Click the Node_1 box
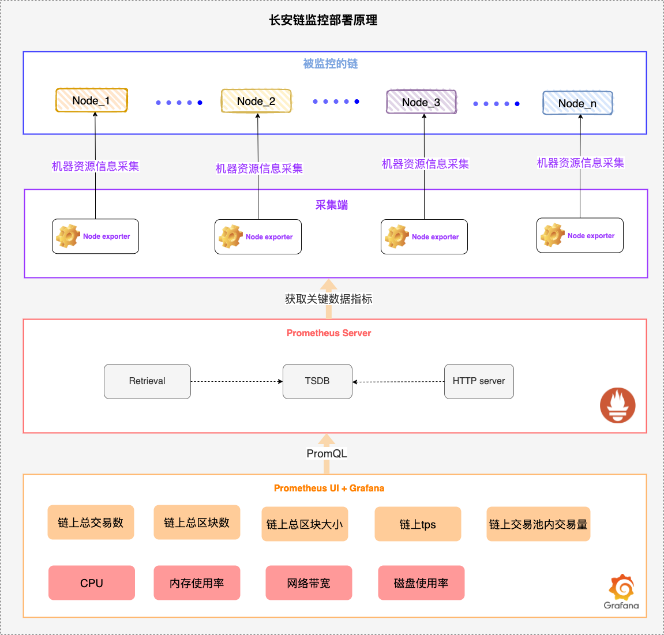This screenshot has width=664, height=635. pos(91,100)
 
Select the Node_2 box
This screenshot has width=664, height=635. pos(256,101)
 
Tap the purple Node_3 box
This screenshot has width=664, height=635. pos(421,102)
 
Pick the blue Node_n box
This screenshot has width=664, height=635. pos(577,103)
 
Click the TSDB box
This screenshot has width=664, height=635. pos(317,381)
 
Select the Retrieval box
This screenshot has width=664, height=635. pos(147,381)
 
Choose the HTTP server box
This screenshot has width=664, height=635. pos(479,381)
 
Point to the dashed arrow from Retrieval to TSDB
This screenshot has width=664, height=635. pos(237,381)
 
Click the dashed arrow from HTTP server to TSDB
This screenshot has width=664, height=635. pos(398,382)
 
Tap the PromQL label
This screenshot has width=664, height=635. pos(327,454)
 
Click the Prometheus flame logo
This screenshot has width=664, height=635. pos(617,405)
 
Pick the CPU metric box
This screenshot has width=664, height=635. pos(92,583)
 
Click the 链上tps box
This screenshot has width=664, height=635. pos(418,524)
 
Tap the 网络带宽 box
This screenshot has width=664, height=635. pos(309,583)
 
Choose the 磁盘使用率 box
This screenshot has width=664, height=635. pos(421,583)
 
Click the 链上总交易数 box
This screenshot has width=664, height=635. pos(91,523)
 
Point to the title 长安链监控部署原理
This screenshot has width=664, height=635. pos(323,20)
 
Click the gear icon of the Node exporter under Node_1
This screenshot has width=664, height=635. pos(68,236)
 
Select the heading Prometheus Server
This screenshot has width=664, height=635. pos(329,333)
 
